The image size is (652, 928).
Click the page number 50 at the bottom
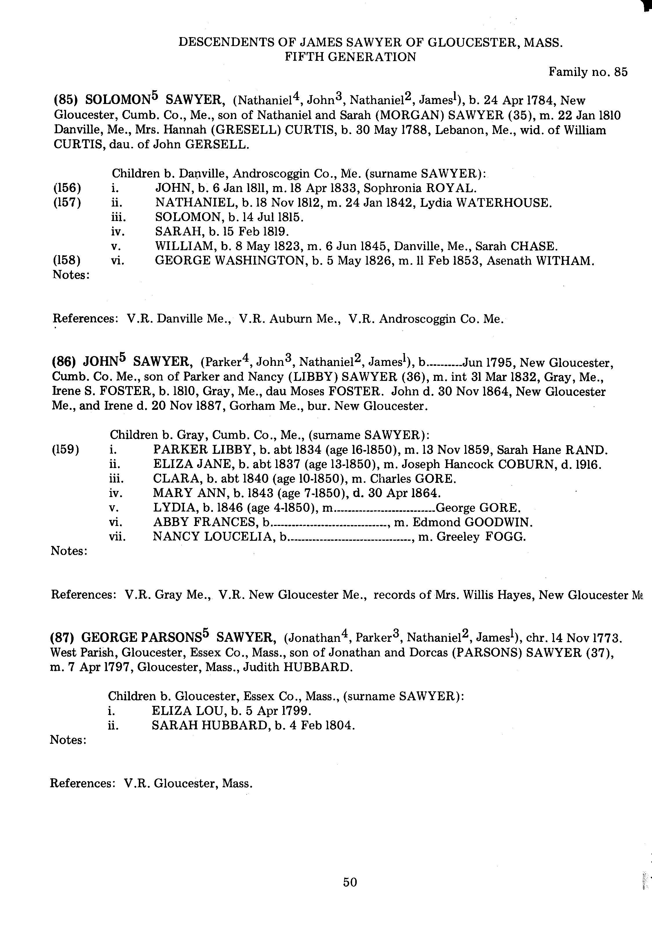coord(350,882)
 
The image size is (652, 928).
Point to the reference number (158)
coord(67,261)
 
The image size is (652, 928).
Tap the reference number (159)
coord(65,450)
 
